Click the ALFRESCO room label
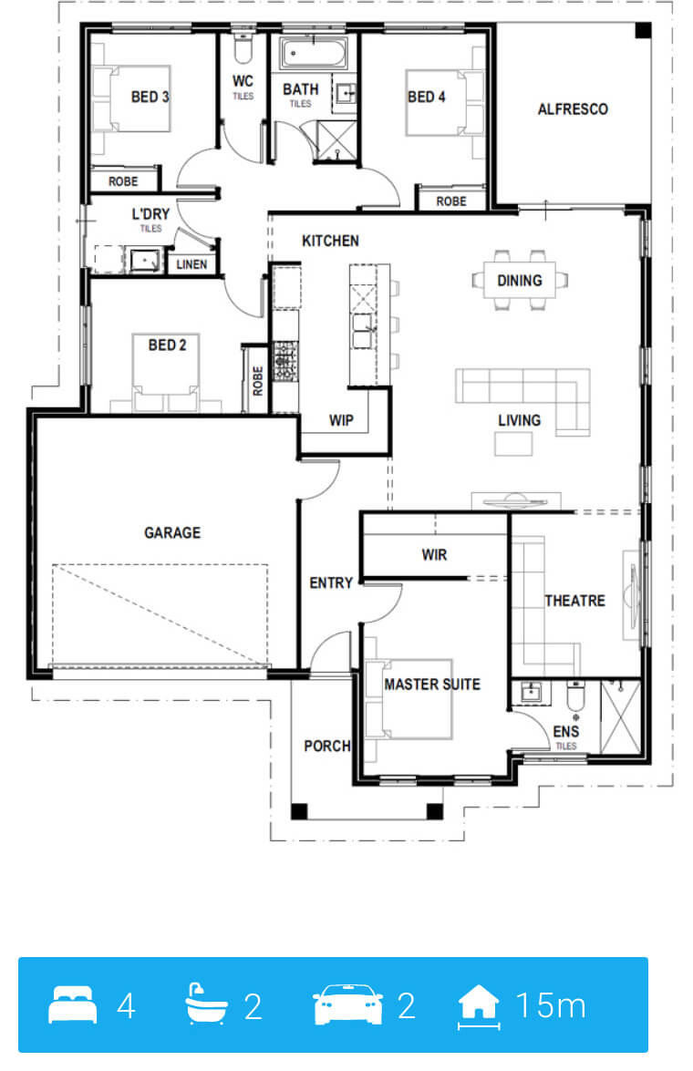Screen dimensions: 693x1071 (x=573, y=109)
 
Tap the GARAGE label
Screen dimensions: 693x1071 (x=172, y=533)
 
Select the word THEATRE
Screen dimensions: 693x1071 (x=574, y=601)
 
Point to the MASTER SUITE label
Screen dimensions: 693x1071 (x=432, y=685)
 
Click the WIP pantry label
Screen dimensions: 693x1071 (x=341, y=421)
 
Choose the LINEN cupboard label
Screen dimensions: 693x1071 (x=191, y=264)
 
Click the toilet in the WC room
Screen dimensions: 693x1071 (x=243, y=47)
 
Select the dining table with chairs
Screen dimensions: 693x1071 (x=520, y=280)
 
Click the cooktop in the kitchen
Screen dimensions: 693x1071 (x=285, y=361)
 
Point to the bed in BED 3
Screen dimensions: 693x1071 (x=131, y=98)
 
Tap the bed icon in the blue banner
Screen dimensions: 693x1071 (x=72, y=1004)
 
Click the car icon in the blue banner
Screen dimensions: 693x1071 (x=347, y=1004)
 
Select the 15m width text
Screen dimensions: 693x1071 (x=551, y=1005)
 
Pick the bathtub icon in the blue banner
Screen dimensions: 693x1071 (x=206, y=1004)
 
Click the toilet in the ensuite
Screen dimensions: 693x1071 (x=576, y=696)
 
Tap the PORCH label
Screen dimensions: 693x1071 (x=326, y=746)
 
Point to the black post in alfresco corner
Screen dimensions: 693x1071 (x=643, y=31)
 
